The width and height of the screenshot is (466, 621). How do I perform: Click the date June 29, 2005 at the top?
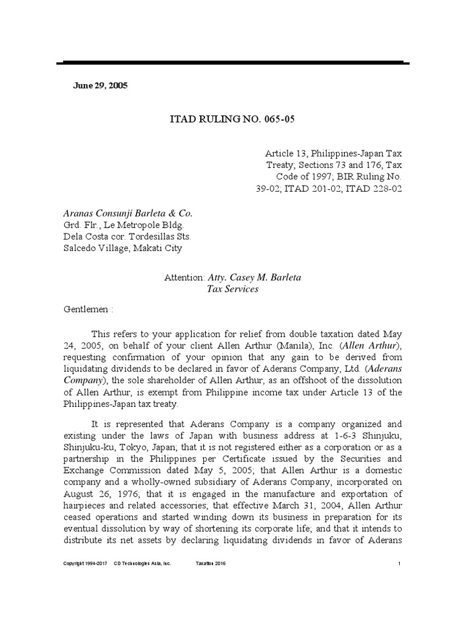click(100, 86)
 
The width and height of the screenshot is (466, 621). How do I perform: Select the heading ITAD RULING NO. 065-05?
click(231, 119)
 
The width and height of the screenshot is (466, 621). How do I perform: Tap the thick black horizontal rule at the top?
click(233, 62)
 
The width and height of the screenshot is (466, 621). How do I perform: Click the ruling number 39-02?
click(268, 188)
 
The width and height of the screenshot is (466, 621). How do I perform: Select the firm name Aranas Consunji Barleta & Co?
click(127, 213)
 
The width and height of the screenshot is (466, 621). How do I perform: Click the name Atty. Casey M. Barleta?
click(254, 277)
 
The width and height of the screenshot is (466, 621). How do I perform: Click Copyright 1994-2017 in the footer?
click(86, 563)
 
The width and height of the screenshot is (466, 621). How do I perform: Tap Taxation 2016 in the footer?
click(209, 563)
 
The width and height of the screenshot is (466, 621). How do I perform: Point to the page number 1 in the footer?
click(399, 563)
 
